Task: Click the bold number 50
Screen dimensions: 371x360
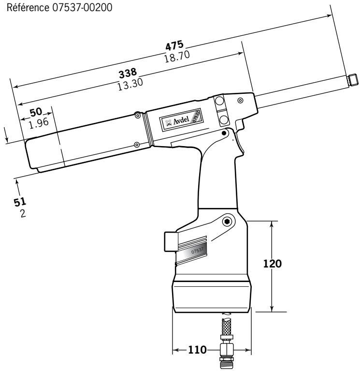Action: (36, 112)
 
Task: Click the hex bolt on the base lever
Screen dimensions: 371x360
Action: (227, 222)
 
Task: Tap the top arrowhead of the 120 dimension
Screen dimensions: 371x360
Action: (273, 224)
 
